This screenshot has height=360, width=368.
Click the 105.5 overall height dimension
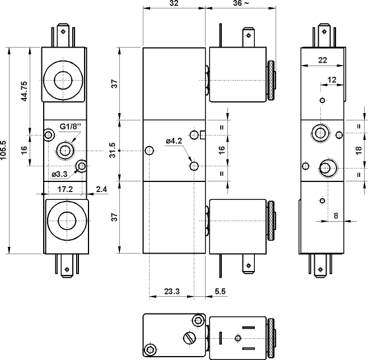coord(5,151)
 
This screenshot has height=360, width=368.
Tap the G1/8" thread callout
coord(70,126)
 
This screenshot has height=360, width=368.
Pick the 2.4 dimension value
coord(101,189)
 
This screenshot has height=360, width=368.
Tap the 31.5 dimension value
coord(114,151)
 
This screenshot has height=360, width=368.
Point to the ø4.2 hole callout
coord(174,141)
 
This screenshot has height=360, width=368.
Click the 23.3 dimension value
coord(172,291)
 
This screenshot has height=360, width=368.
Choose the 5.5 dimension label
coord(220,291)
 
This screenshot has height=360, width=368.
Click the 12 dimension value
coord(332,80)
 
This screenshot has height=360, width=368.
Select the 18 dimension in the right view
coord(359,151)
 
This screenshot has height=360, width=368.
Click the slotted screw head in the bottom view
coord(189,338)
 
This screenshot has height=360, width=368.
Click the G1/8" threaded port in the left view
coord(65,150)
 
